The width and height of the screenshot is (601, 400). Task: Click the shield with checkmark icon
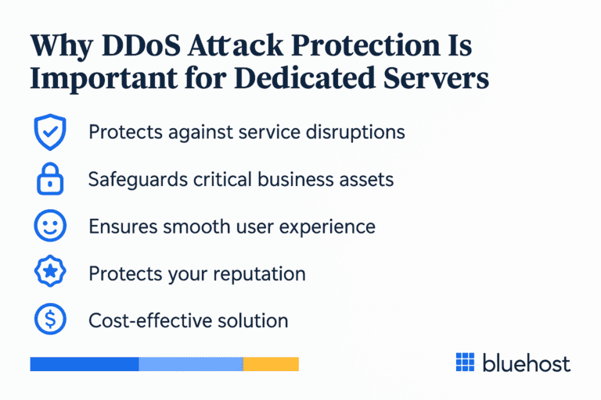click(x=49, y=132)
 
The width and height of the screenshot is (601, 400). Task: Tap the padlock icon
click(x=49, y=180)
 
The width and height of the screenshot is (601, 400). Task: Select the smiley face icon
click(x=49, y=227)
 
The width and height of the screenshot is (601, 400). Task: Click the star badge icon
click(x=49, y=273)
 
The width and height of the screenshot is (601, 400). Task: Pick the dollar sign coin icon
click(x=49, y=320)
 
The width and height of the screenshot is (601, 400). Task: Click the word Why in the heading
click(x=60, y=46)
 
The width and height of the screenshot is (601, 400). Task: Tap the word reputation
click(x=259, y=274)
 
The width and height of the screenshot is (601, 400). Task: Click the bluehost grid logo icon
click(x=465, y=362)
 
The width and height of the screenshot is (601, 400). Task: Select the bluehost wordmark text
click(x=527, y=362)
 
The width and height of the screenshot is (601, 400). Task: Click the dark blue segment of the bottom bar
click(x=84, y=364)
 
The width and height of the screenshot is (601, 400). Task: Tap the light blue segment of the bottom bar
click(x=191, y=364)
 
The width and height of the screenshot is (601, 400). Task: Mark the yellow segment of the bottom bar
click(x=271, y=364)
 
